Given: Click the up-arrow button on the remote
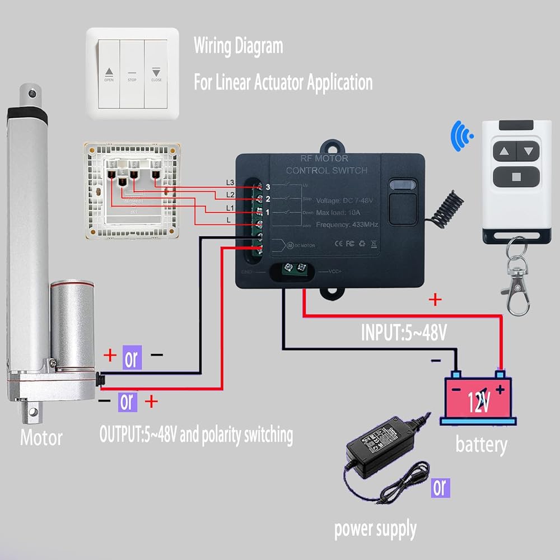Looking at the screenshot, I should coord(503,151).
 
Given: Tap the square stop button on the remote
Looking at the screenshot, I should coord(515,178).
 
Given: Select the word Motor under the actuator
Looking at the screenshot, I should coord(41,437).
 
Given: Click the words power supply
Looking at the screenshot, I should coord(375,529).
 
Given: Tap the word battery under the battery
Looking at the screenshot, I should coord(481,445).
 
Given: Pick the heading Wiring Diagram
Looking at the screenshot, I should coord(238,46).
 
